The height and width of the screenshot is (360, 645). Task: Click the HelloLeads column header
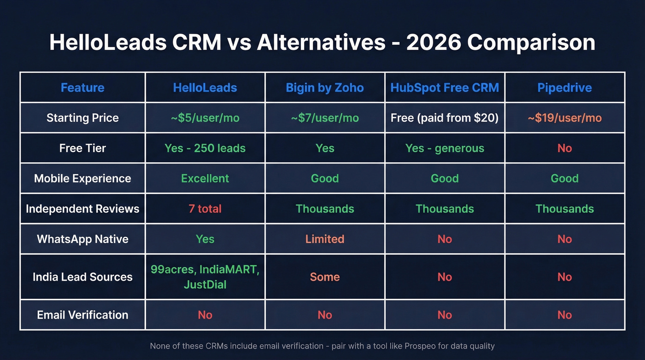click(x=205, y=88)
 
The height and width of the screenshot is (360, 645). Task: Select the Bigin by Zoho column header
click(x=325, y=88)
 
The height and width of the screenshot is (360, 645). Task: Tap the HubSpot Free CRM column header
click(x=445, y=88)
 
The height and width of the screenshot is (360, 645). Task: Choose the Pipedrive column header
click(x=564, y=88)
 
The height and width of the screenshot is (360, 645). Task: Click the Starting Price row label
click(x=82, y=118)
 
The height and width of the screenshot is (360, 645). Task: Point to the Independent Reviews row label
click(x=82, y=209)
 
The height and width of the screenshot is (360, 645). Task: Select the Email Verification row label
click(x=82, y=315)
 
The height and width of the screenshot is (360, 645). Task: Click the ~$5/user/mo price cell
click(x=205, y=118)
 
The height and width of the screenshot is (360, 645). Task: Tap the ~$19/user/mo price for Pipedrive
click(x=564, y=118)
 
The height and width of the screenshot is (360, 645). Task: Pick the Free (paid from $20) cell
click(x=445, y=118)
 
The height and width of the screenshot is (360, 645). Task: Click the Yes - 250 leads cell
click(x=205, y=148)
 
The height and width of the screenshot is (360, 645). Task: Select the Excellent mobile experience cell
click(x=205, y=178)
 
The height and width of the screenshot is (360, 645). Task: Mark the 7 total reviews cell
click(x=205, y=209)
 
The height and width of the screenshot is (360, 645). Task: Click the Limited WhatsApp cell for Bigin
click(x=325, y=239)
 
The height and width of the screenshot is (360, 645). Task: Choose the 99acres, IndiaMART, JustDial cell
click(x=205, y=277)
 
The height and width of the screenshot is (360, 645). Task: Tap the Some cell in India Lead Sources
click(x=325, y=277)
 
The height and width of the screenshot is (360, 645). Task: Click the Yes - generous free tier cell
click(x=445, y=148)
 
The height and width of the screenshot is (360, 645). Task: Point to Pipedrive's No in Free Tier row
click(x=564, y=148)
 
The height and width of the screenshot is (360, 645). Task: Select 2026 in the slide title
click(x=433, y=42)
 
